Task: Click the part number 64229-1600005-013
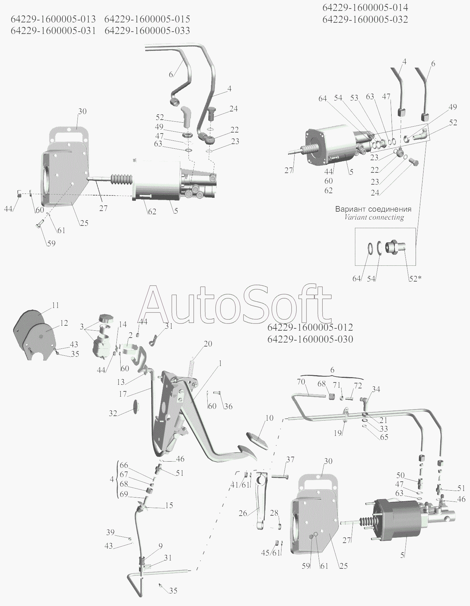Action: [x=53, y=19]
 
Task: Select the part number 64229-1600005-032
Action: [x=365, y=19]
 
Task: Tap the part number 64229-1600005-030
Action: [x=310, y=339]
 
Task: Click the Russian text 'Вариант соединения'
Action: [x=373, y=209]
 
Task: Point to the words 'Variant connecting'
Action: [x=374, y=217]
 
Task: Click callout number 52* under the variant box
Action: [x=415, y=279]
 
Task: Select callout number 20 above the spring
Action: [x=208, y=344]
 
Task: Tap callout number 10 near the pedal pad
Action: [x=269, y=418]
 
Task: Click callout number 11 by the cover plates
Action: [x=55, y=305]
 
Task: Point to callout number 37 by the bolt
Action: [x=290, y=460]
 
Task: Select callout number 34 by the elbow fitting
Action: [x=376, y=389]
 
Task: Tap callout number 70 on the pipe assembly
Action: [x=301, y=382]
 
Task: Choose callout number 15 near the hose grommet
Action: [x=169, y=505]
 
